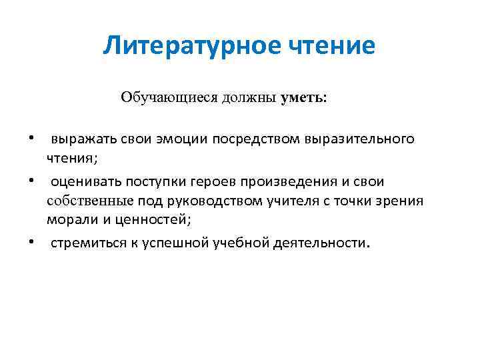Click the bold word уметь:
(304, 97)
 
